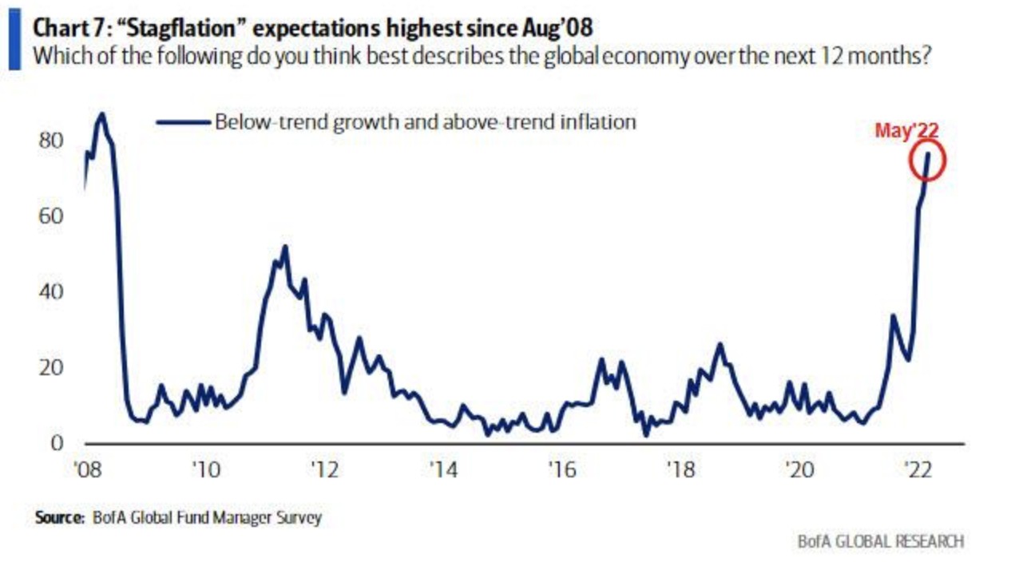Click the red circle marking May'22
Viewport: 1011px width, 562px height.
pyautogui.click(x=928, y=160)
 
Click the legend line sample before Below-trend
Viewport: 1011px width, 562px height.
pyautogui.click(x=183, y=122)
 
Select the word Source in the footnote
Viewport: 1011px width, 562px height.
pyautogui.click(x=59, y=518)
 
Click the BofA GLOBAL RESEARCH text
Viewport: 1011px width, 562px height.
pyautogui.click(x=881, y=541)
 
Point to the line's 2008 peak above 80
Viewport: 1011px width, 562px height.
pyautogui.click(x=101, y=113)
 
